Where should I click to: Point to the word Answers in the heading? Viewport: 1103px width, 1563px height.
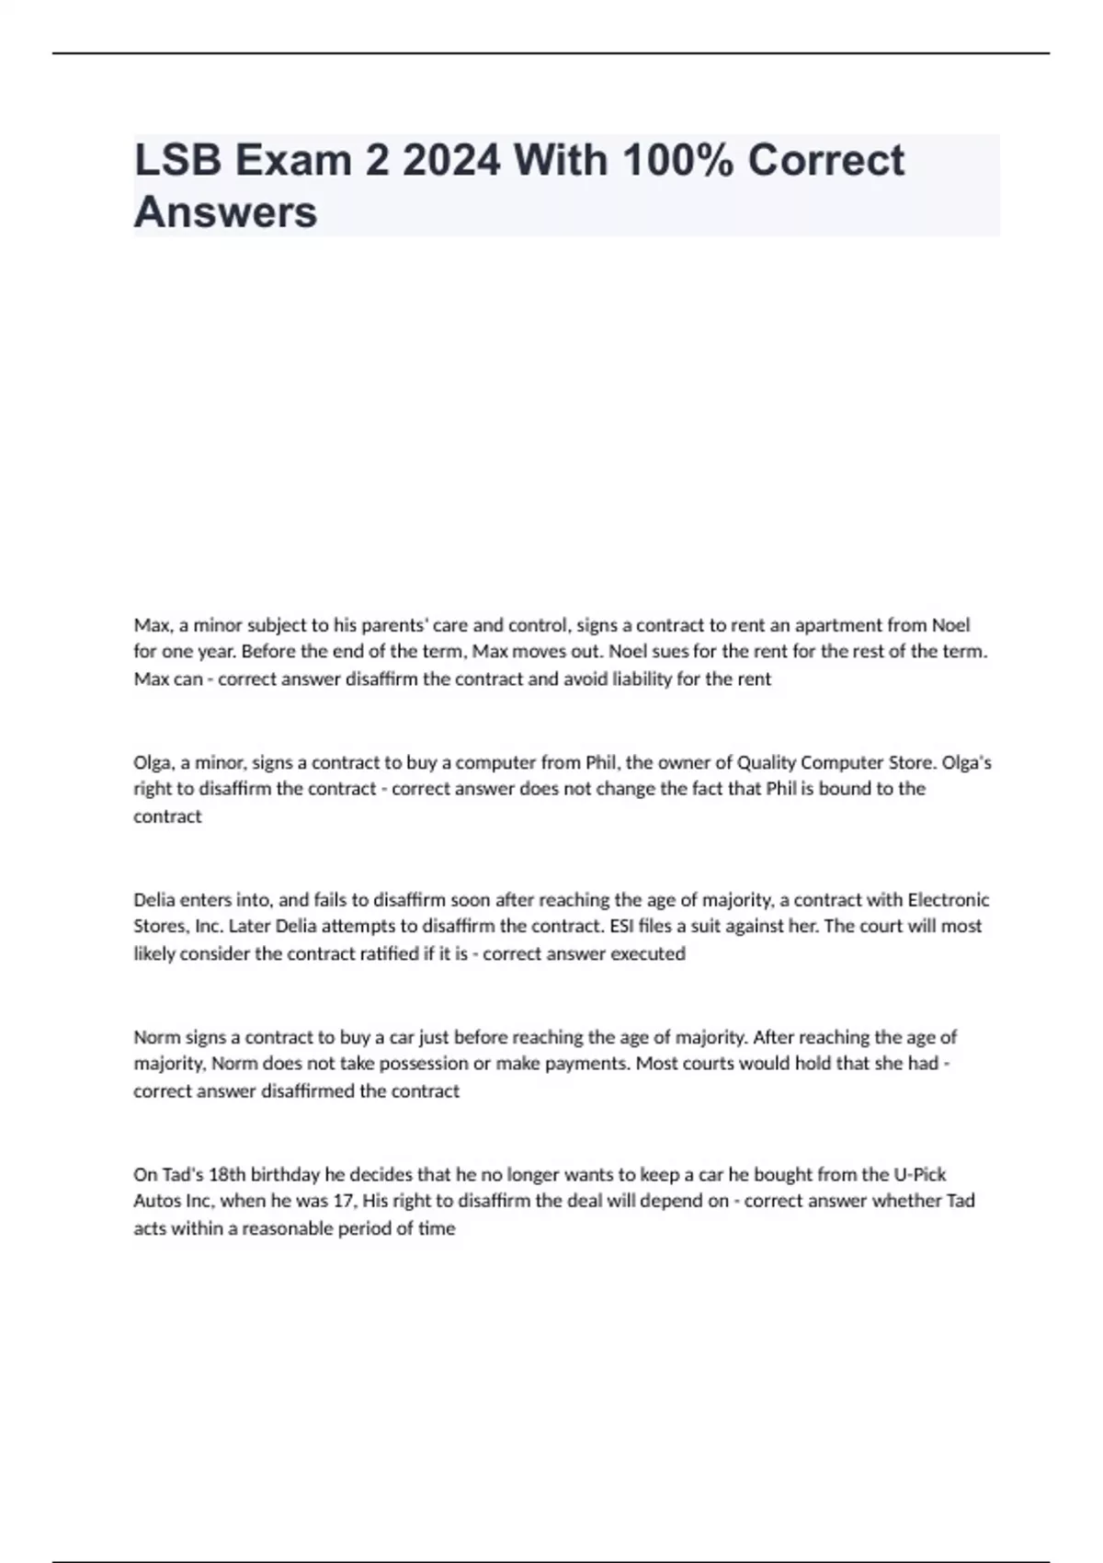point(225,211)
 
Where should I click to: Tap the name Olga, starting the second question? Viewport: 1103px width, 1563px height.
point(154,762)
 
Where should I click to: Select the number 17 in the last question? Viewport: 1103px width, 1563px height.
point(348,1201)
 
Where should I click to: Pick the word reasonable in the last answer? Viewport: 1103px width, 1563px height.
point(286,1228)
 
